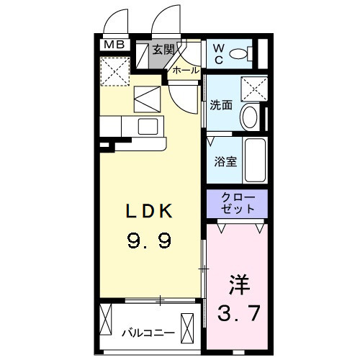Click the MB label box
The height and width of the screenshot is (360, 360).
tap(114, 45)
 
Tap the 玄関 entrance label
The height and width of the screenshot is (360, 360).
tap(163, 50)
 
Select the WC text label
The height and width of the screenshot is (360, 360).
tap(218, 53)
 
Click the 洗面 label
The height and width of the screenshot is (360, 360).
tap(220, 105)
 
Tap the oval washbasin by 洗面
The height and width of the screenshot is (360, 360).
tap(250, 117)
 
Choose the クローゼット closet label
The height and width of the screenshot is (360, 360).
tap(237, 203)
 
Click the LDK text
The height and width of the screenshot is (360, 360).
tap(150, 212)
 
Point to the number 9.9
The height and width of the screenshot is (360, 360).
tap(150, 240)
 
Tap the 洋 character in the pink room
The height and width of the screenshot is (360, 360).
tap(240, 285)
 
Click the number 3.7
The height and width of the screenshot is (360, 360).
tap(239, 314)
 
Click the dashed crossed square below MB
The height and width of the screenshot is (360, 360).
tap(114, 71)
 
